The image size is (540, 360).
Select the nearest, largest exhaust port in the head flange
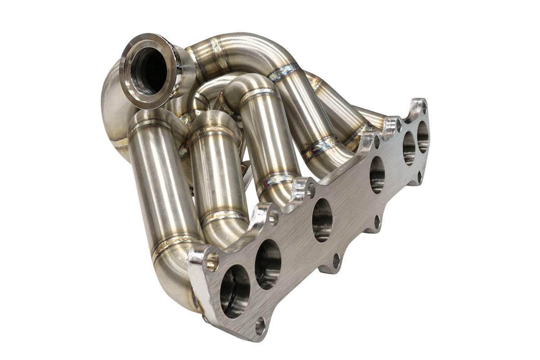click(234, 291)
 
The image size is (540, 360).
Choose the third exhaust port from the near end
click(322, 220)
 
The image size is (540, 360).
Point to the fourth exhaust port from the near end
click(377, 175)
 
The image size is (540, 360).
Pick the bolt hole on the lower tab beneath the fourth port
click(378, 222)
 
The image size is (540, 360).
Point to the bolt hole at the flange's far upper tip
click(423, 107)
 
